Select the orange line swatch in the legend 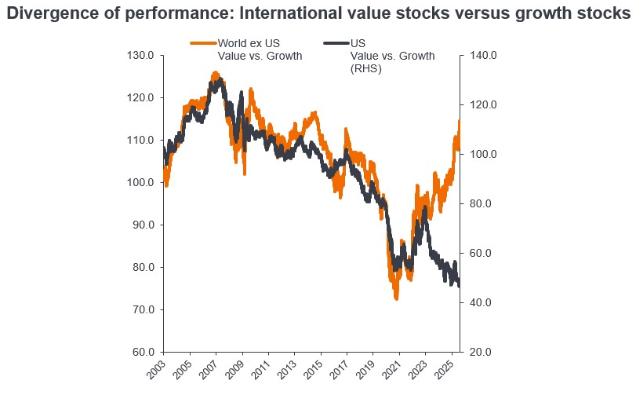[203, 43]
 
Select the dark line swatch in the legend [336, 43]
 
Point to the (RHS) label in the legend [365, 69]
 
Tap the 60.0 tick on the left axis [142, 352]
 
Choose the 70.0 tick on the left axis [142, 309]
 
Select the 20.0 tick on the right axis [481, 352]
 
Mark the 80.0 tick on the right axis [481, 203]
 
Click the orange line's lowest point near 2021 [397, 298]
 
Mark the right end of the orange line [460, 121]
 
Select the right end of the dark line [460, 285]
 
